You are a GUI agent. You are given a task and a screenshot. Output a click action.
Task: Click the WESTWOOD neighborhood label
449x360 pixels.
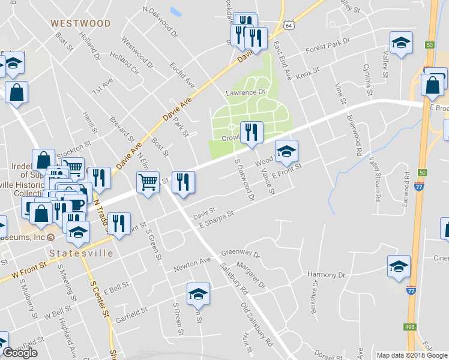(80, 23)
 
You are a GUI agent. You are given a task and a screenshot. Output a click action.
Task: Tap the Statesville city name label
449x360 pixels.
(81, 253)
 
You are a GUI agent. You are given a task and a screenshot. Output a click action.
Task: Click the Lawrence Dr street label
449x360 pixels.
(245, 93)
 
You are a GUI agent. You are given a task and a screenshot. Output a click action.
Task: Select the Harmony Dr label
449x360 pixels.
(327, 275)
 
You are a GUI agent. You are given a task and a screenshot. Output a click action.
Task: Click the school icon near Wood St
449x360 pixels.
(286, 151)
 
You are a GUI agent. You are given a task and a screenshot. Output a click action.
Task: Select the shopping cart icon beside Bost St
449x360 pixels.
(148, 182)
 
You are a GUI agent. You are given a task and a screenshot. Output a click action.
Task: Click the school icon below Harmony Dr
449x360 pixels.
(399, 266)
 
